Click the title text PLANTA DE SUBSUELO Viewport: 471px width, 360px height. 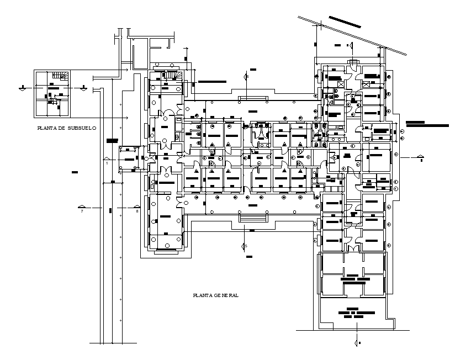click(66, 128)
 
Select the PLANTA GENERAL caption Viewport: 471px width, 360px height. click(215, 296)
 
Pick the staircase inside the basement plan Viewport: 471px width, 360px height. click(60, 76)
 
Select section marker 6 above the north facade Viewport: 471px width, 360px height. click(247, 76)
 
